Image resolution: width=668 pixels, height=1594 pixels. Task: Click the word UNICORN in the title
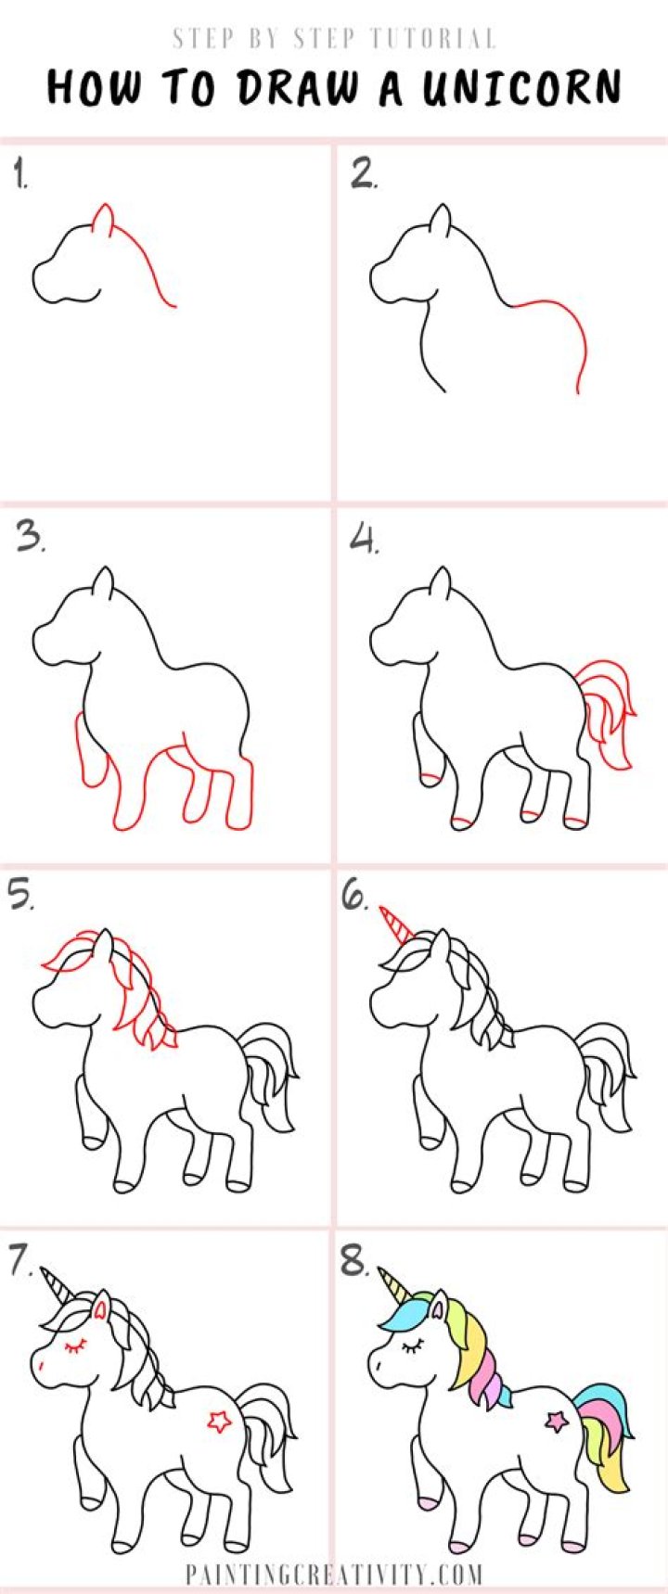click(521, 88)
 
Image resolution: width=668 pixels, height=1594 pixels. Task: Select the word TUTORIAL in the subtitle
click(432, 39)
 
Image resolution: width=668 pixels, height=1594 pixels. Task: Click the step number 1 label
click(20, 174)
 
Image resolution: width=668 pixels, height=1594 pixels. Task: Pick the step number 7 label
click(21, 1260)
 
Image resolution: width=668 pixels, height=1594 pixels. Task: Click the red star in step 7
click(219, 1421)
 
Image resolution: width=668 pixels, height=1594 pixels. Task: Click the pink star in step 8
click(557, 1420)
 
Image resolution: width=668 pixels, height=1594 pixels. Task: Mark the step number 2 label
click(364, 174)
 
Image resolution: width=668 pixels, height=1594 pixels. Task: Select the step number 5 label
click(20, 898)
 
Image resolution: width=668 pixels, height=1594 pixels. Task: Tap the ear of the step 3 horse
click(103, 582)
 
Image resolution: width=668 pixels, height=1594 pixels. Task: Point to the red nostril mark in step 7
click(42, 1366)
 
